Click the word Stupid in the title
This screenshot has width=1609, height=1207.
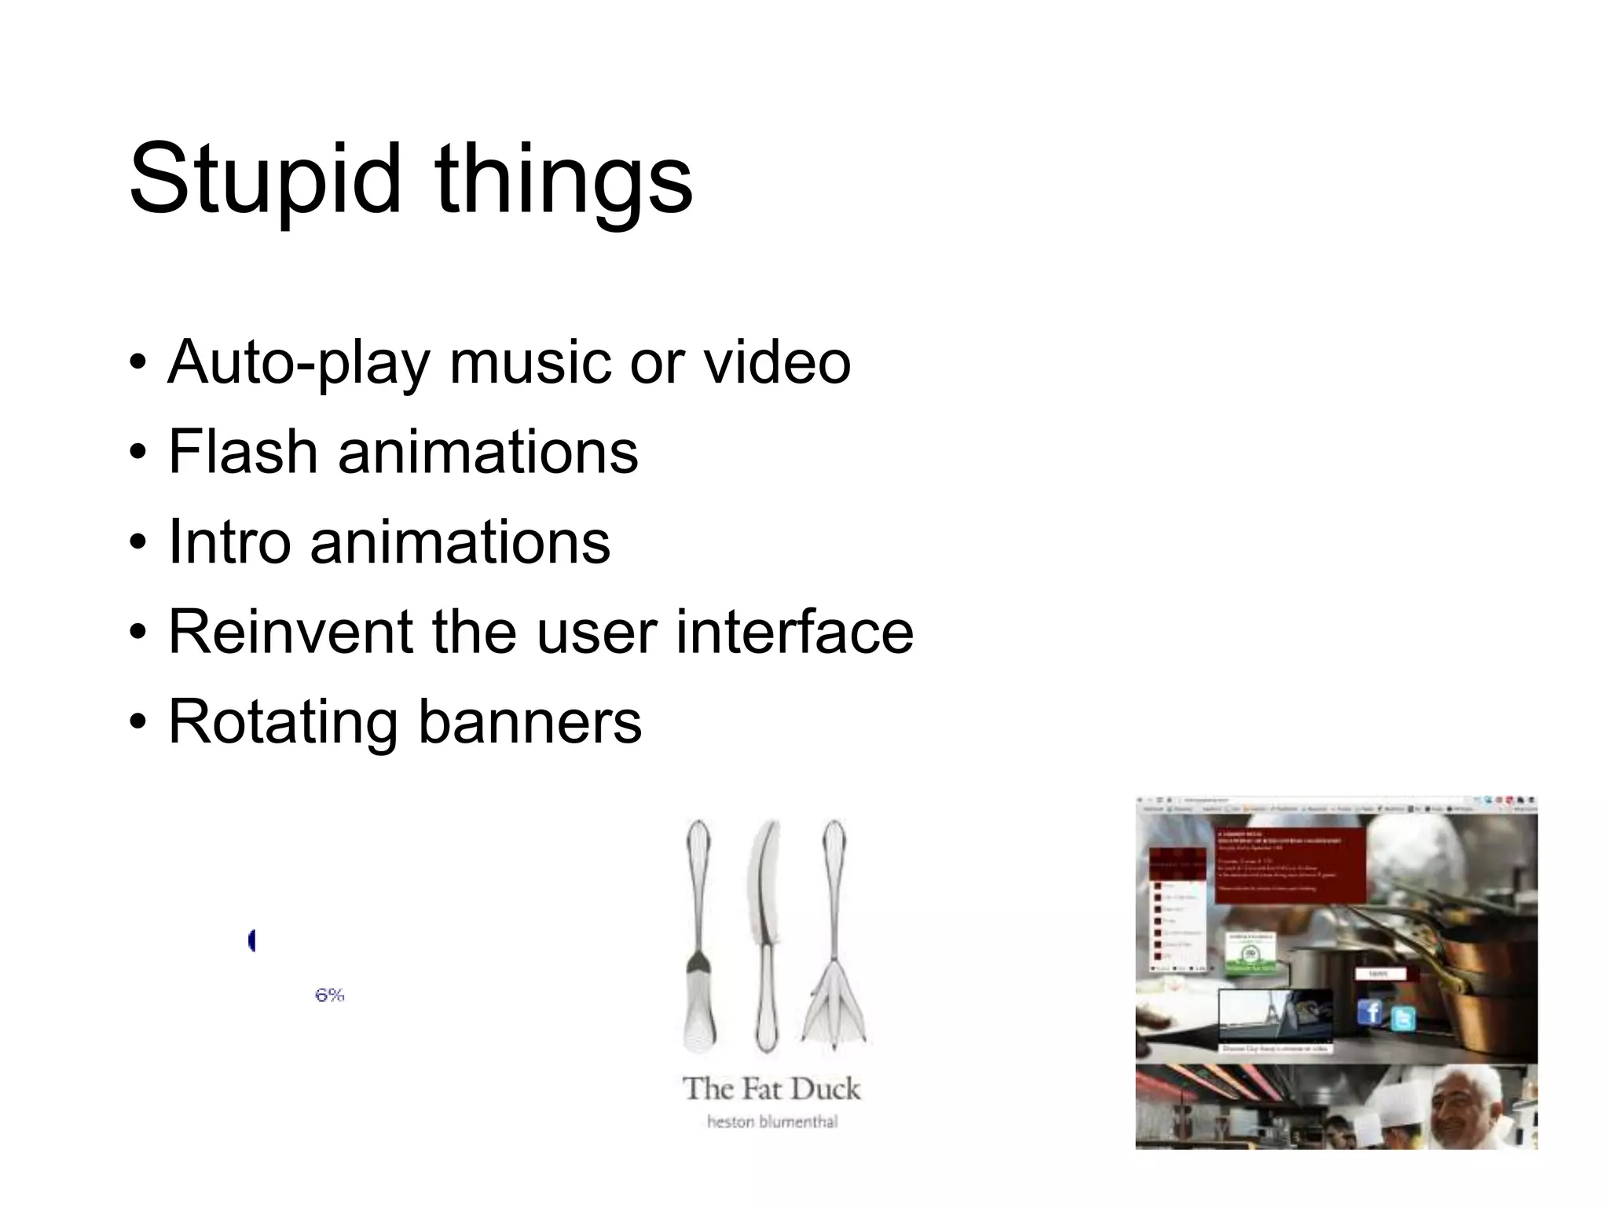tap(265, 179)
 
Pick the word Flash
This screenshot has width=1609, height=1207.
tap(243, 453)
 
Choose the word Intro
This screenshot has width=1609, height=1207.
tap(230, 542)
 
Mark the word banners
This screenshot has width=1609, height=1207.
tap(530, 721)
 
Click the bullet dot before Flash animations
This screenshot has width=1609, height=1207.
tap(139, 454)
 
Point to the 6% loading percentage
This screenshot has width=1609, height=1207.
tap(330, 995)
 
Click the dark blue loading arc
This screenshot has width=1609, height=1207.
tap(251, 940)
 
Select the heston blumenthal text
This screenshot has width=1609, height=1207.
tap(772, 1122)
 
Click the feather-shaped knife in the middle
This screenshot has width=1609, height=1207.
tap(765, 935)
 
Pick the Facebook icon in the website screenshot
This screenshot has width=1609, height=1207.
tap(1370, 1011)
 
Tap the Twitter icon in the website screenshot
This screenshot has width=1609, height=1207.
tap(1402, 1018)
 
